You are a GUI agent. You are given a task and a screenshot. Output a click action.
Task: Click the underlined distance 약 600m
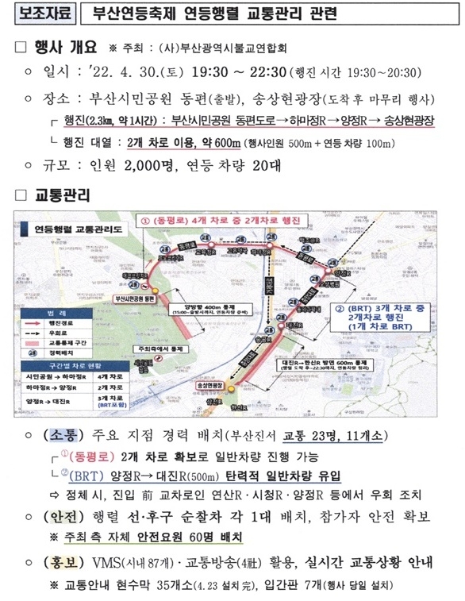tap(213, 144)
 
